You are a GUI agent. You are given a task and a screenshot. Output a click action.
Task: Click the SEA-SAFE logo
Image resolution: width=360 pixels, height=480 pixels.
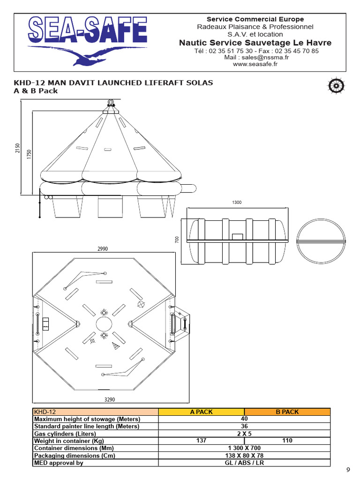(87, 39)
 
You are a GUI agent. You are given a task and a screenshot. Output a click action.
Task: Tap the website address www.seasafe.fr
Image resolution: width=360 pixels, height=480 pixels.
(255, 64)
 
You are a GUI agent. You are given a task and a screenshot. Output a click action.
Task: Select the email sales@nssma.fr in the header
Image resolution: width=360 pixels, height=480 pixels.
(255, 57)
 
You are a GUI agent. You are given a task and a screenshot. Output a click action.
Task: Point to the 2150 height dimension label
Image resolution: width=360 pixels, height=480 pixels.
(18, 148)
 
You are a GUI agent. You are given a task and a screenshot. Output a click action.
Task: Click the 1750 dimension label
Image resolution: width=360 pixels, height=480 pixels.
(29, 155)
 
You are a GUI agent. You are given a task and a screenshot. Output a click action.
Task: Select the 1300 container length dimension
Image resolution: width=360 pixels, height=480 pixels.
(237, 202)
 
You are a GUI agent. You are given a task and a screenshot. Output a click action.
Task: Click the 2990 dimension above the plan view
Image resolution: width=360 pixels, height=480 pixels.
(103, 249)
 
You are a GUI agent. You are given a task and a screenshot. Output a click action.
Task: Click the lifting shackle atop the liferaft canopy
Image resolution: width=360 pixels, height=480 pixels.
(111, 104)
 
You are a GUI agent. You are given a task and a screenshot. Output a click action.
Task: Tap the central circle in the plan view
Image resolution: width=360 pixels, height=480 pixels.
(104, 324)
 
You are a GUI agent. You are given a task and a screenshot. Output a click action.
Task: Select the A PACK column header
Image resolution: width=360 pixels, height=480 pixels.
(201, 412)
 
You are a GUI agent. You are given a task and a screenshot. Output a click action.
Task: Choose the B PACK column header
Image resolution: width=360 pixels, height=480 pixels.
(287, 412)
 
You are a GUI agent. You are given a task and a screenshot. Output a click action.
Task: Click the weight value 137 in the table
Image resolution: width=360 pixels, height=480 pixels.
(201, 441)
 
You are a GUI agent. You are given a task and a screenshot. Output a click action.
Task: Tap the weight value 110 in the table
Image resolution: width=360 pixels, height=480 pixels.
(287, 441)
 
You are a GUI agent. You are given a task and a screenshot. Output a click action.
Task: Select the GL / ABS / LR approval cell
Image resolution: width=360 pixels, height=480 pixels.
(244, 463)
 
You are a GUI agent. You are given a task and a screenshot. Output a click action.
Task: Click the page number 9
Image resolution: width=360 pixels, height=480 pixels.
(348, 470)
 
